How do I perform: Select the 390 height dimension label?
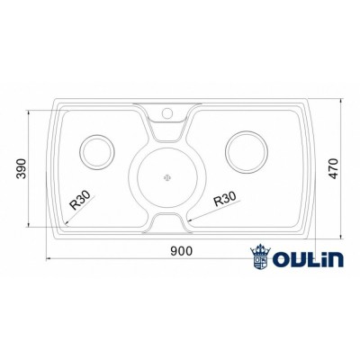[18, 169]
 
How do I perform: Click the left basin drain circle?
[96, 150]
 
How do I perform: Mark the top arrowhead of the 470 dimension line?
[341, 102]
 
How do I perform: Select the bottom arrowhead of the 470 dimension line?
[341, 237]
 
